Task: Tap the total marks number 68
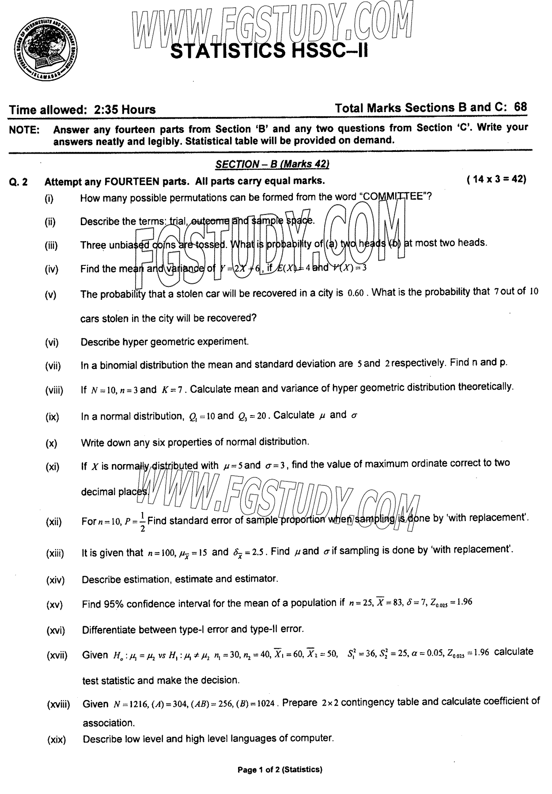521,107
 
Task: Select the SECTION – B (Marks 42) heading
272,164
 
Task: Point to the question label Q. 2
18,182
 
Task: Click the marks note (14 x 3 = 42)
496,180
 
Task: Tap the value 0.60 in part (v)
355,293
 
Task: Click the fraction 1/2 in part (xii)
142,522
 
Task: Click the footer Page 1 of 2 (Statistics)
280,770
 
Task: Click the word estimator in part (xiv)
258,578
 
